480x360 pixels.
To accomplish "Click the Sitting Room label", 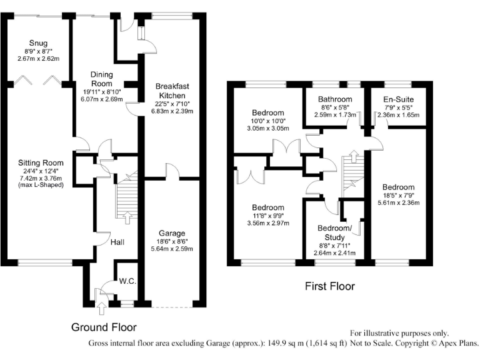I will point(41,163).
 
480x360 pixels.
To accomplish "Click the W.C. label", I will point(127,281).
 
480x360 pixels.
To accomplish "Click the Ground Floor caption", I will point(103,327).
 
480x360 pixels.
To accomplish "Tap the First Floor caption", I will point(329,286).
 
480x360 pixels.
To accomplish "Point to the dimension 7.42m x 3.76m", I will point(41,178).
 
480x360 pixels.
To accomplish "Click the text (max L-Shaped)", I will point(41,185).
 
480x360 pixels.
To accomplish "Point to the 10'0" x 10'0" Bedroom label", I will point(267,113).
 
